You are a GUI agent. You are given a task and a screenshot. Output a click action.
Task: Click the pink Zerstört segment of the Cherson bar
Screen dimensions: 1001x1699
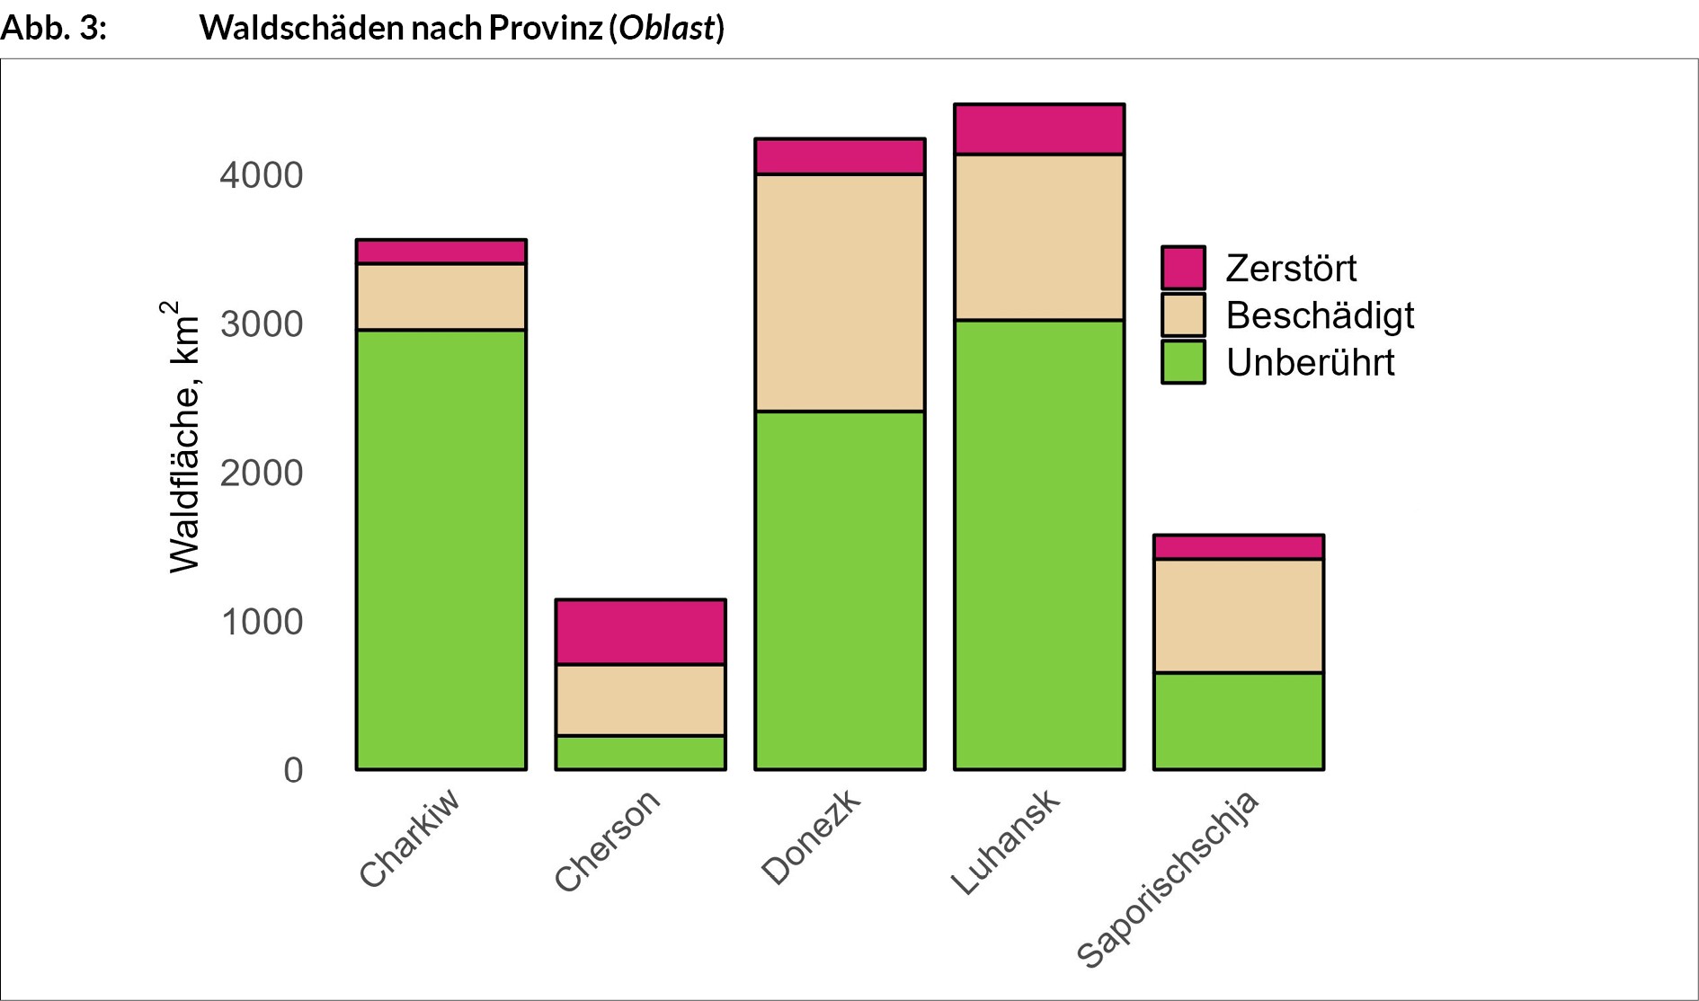(x=640, y=632)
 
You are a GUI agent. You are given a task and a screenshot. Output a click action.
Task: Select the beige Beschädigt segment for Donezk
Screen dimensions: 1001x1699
(x=840, y=292)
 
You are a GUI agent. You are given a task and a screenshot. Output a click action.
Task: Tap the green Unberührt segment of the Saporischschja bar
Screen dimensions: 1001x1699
(x=1238, y=721)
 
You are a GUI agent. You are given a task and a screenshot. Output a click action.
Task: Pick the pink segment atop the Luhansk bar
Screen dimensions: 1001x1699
(x=1039, y=129)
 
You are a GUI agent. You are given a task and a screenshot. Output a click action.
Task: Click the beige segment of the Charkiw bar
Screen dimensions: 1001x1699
(x=440, y=297)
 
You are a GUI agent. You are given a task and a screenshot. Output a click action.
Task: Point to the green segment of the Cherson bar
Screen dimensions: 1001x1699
(x=640, y=752)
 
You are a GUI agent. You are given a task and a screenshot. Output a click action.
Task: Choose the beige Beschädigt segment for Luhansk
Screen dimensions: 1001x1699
(x=1039, y=237)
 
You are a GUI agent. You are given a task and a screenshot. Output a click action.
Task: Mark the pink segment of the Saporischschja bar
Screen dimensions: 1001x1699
(x=1238, y=547)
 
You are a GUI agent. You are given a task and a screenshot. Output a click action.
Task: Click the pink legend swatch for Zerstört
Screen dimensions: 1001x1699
(x=1183, y=268)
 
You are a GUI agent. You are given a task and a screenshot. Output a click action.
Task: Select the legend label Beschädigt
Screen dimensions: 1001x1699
(x=1320, y=315)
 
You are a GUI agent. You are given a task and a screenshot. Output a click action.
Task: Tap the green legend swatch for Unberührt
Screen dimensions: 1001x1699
(x=1183, y=362)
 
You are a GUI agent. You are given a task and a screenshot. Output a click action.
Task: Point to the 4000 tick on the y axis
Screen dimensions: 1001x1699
(x=262, y=175)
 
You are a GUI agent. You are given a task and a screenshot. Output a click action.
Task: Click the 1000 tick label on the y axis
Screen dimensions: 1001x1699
(x=262, y=622)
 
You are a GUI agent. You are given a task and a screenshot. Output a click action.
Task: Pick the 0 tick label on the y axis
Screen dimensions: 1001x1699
(x=293, y=770)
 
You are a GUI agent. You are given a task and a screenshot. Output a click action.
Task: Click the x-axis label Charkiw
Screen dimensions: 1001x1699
(x=410, y=837)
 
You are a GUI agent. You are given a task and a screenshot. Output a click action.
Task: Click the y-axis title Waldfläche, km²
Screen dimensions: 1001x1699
(x=183, y=438)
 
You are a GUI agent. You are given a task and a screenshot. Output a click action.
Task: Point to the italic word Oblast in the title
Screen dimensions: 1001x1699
(x=666, y=28)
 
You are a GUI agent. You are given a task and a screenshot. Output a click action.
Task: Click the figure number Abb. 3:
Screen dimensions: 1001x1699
(x=54, y=28)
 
